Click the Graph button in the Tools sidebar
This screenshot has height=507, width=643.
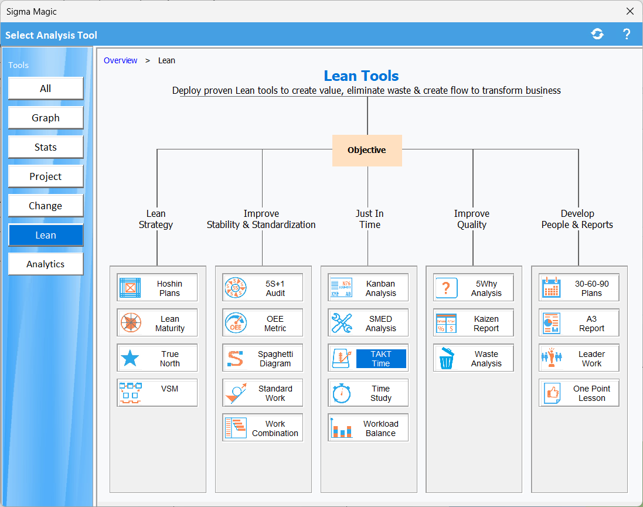pos(46,118)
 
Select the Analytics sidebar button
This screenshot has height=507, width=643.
pos(46,264)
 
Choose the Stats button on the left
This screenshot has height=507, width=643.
pos(46,147)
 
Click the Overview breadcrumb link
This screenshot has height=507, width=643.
pos(120,60)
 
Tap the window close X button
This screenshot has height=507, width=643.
pos(630,11)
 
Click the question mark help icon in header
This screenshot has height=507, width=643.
pos(626,34)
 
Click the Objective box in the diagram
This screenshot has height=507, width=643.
pos(367,150)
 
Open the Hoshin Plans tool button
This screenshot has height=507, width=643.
pos(157,288)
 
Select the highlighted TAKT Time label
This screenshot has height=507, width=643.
pos(381,359)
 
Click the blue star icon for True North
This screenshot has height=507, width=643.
pos(130,358)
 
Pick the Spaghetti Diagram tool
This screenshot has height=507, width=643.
pos(263,358)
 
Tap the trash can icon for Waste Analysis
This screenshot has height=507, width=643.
pos(446,358)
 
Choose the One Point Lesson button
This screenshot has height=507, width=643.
pos(579,393)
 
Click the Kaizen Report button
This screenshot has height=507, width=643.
pos(474,323)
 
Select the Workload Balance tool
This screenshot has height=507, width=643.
pos(368,428)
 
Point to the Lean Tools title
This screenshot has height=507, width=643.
pos(361,76)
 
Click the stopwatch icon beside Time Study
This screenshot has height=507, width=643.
pos(341,393)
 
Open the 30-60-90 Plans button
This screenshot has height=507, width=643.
pos(579,288)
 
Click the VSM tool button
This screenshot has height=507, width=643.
pos(157,393)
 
